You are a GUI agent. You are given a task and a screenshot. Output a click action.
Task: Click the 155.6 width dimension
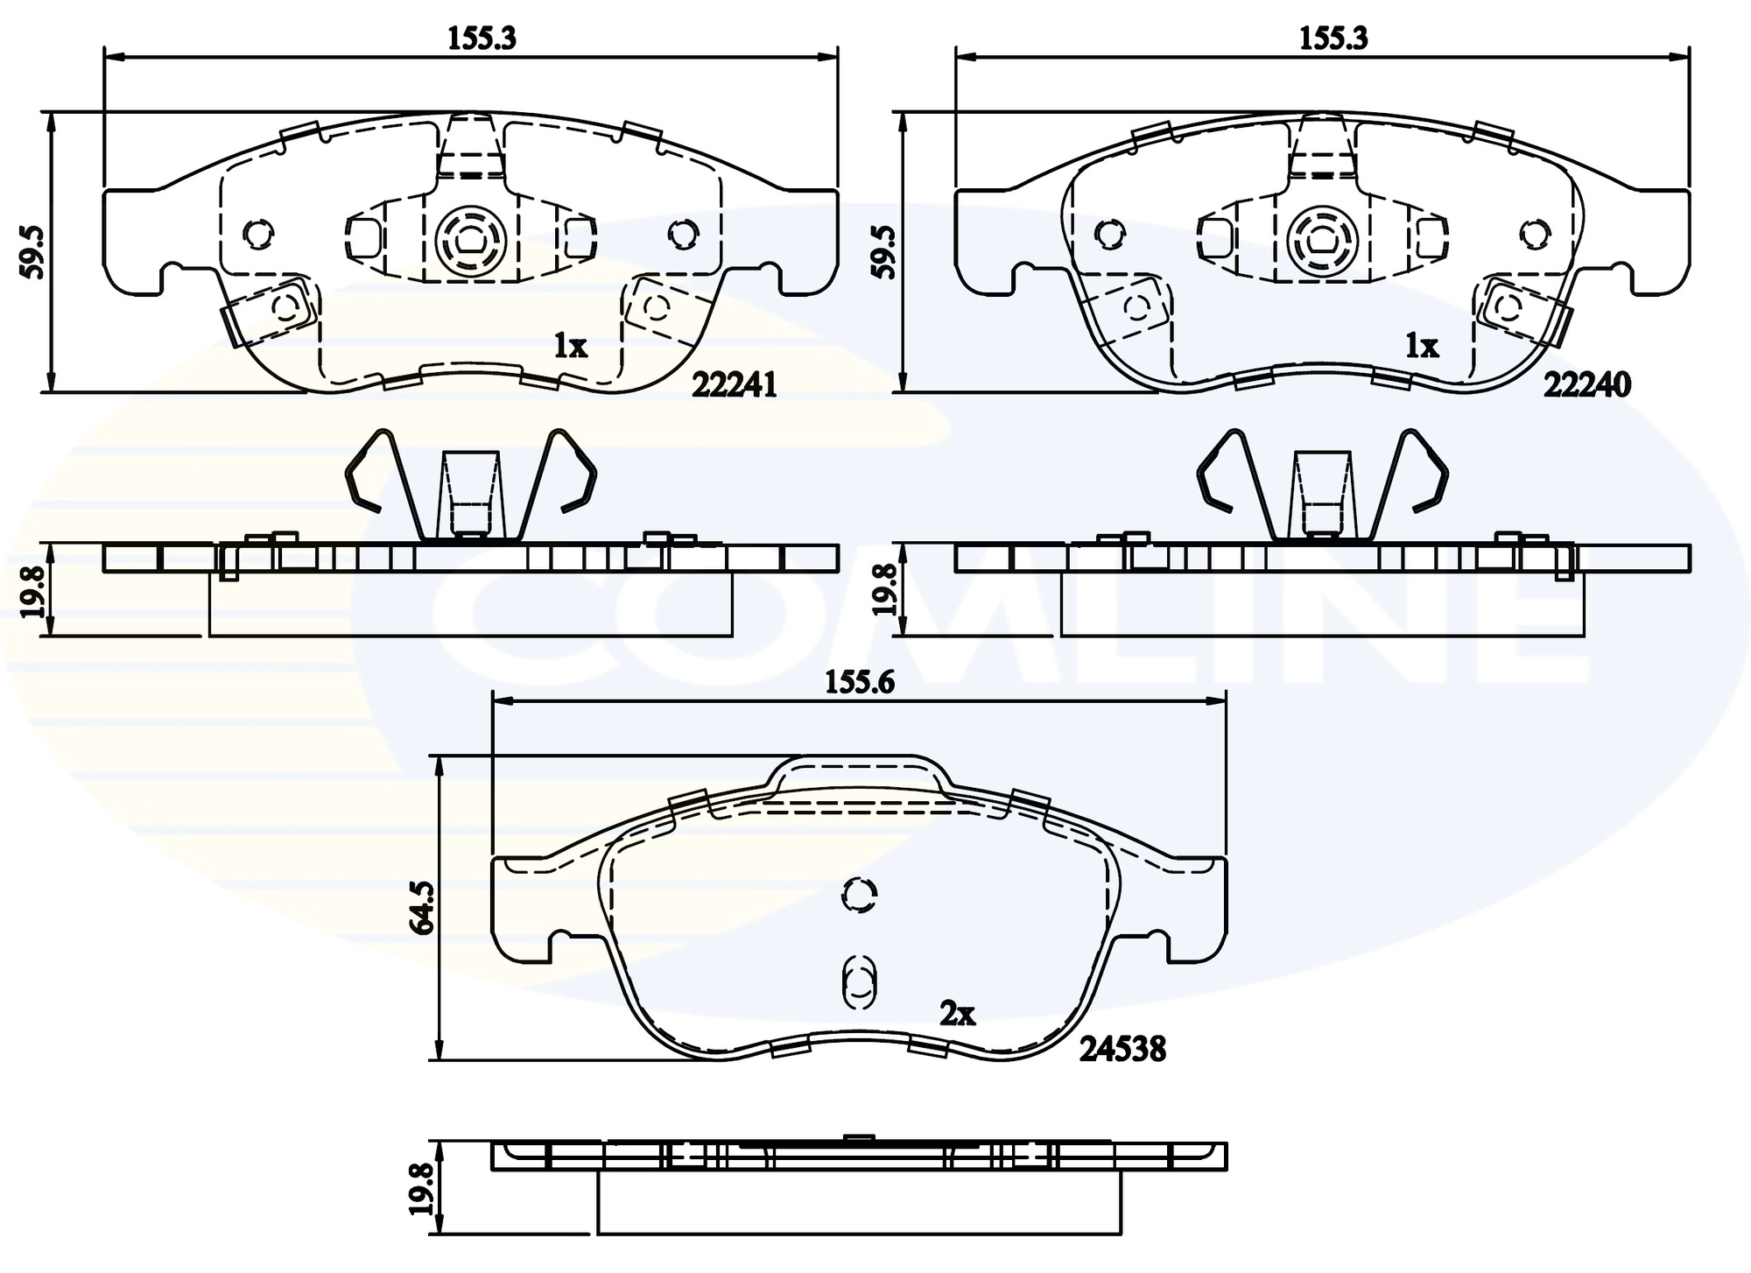coord(859,682)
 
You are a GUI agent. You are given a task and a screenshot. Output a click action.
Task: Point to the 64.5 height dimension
coord(424,909)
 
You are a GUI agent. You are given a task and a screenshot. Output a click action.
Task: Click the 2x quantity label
coord(957,1014)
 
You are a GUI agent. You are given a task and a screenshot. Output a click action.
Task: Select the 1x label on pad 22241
coord(570,347)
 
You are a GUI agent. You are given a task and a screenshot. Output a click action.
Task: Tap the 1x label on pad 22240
coord(1422,347)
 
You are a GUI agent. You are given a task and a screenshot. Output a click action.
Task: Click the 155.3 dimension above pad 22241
coord(482,38)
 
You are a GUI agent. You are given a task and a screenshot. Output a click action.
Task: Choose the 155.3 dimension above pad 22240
coord(1333,38)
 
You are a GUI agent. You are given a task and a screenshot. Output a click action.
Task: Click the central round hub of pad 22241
coord(471,237)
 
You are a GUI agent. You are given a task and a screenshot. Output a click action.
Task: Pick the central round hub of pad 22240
coord(1323,237)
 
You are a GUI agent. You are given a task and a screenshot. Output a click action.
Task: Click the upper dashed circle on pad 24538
coord(859,894)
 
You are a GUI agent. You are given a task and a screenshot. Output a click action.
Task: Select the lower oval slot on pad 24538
coord(859,981)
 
